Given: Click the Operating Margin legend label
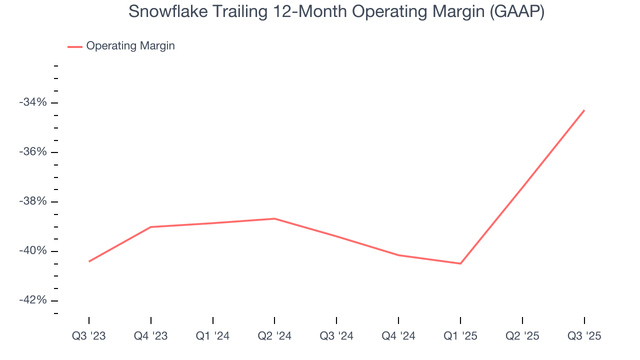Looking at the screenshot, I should pos(130,46).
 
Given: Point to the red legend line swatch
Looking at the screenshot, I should pos(75,46).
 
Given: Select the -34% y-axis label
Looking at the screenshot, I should pos(33,102).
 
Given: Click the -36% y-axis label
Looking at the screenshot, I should pos(33,152).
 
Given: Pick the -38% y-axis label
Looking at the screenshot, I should pos(33,201).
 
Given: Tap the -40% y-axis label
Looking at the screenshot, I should pos(33,251).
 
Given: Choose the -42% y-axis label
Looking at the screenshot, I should pos(33,300).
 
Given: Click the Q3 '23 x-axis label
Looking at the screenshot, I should pos(89,336).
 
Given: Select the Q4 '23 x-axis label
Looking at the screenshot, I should pos(150,336).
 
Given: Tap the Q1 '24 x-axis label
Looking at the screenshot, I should pos(212,336).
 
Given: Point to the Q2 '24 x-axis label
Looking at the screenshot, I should pos(274,336).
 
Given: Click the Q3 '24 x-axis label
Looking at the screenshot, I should pos(336,336).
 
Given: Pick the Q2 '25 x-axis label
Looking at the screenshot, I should pos(522,336).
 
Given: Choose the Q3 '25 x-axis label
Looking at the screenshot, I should pos(584,336).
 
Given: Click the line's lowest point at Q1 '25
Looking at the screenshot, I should pos(460,263).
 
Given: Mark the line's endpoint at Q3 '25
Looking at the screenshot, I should pos(584,110).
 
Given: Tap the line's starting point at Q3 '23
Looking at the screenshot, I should pos(89,261).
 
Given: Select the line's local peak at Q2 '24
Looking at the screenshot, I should pos(274,218).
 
